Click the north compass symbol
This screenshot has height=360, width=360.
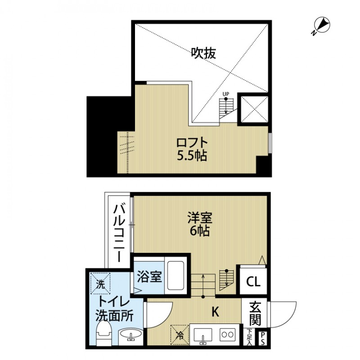click(x=321, y=26)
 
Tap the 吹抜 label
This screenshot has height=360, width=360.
click(x=203, y=53)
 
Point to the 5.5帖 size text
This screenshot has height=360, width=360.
click(x=192, y=156)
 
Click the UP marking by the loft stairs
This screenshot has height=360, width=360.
click(x=226, y=94)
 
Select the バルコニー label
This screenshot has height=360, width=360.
click(x=118, y=233)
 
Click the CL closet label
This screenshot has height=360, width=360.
click(x=253, y=282)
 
